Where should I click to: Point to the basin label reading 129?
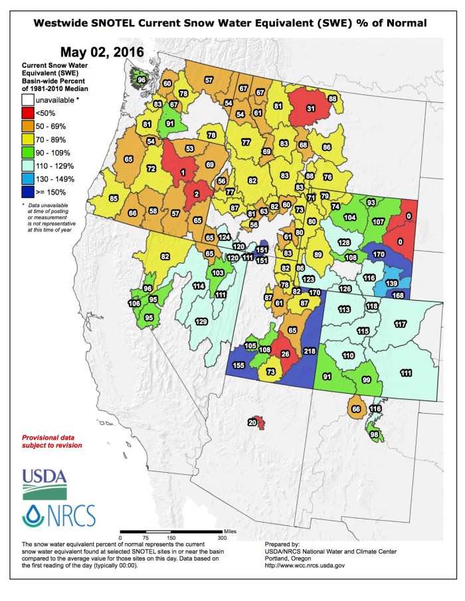pyautogui.click(x=201, y=321)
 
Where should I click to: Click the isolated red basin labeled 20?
pyautogui.click(x=253, y=422)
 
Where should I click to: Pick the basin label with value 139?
pyautogui.click(x=391, y=283)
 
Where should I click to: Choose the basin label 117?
pyautogui.click(x=400, y=324)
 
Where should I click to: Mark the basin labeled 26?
pyautogui.click(x=286, y=354)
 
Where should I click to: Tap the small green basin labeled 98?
pyautogui.click(x=374, y=434)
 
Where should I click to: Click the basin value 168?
pyautogui.click(x=398, y=296)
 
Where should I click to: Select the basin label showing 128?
pyautogui.click(x=343, y=243)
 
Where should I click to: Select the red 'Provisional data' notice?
pyautogui.click(x=52, y=442)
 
